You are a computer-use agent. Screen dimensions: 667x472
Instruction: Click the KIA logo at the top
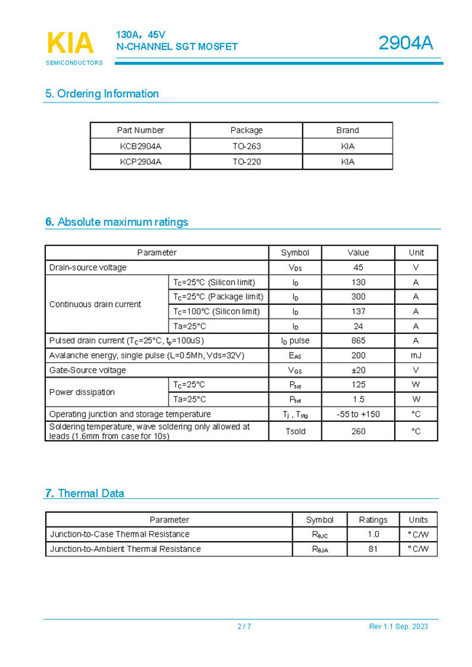click(x=71, y=44)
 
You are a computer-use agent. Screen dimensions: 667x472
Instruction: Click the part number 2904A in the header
click(x=405, y=44)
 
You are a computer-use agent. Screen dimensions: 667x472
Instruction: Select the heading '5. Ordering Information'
click(x=102, y=94)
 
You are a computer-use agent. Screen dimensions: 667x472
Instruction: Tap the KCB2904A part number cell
click(x=140, y=146)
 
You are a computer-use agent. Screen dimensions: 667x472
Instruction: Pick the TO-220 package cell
click(x=247, y=162)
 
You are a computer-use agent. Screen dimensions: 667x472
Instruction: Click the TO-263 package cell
click(x=247, y=146)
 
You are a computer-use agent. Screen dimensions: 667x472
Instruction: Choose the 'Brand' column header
click(x=347, y=130)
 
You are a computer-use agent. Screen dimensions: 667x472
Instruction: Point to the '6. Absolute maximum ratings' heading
click(x=116, y=222)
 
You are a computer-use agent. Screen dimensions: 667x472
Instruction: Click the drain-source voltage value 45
click(x=358, y=268)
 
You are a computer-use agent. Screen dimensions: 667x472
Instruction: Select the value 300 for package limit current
click(x=358, y=297)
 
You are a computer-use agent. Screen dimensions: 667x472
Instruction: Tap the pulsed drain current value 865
click(x=358, y=340)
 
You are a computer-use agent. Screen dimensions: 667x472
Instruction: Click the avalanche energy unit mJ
click(x=416, y=356)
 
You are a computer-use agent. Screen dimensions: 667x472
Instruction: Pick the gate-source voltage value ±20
click(x=358, y=370)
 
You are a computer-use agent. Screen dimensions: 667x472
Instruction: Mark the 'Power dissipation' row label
click(x=82, y=392)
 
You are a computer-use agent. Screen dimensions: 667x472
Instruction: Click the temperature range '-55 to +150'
click(x=358, y=414)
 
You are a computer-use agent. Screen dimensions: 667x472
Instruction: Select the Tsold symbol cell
click(x=295, y=431)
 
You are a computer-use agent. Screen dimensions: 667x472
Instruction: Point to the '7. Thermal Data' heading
click(x=84, y=493)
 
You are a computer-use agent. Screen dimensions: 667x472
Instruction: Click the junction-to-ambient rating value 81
click(x=373, y=549)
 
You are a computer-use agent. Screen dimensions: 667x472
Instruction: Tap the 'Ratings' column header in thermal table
click(x=373, y=520)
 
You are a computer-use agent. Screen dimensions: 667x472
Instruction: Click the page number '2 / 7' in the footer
click(x=244, y=626)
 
